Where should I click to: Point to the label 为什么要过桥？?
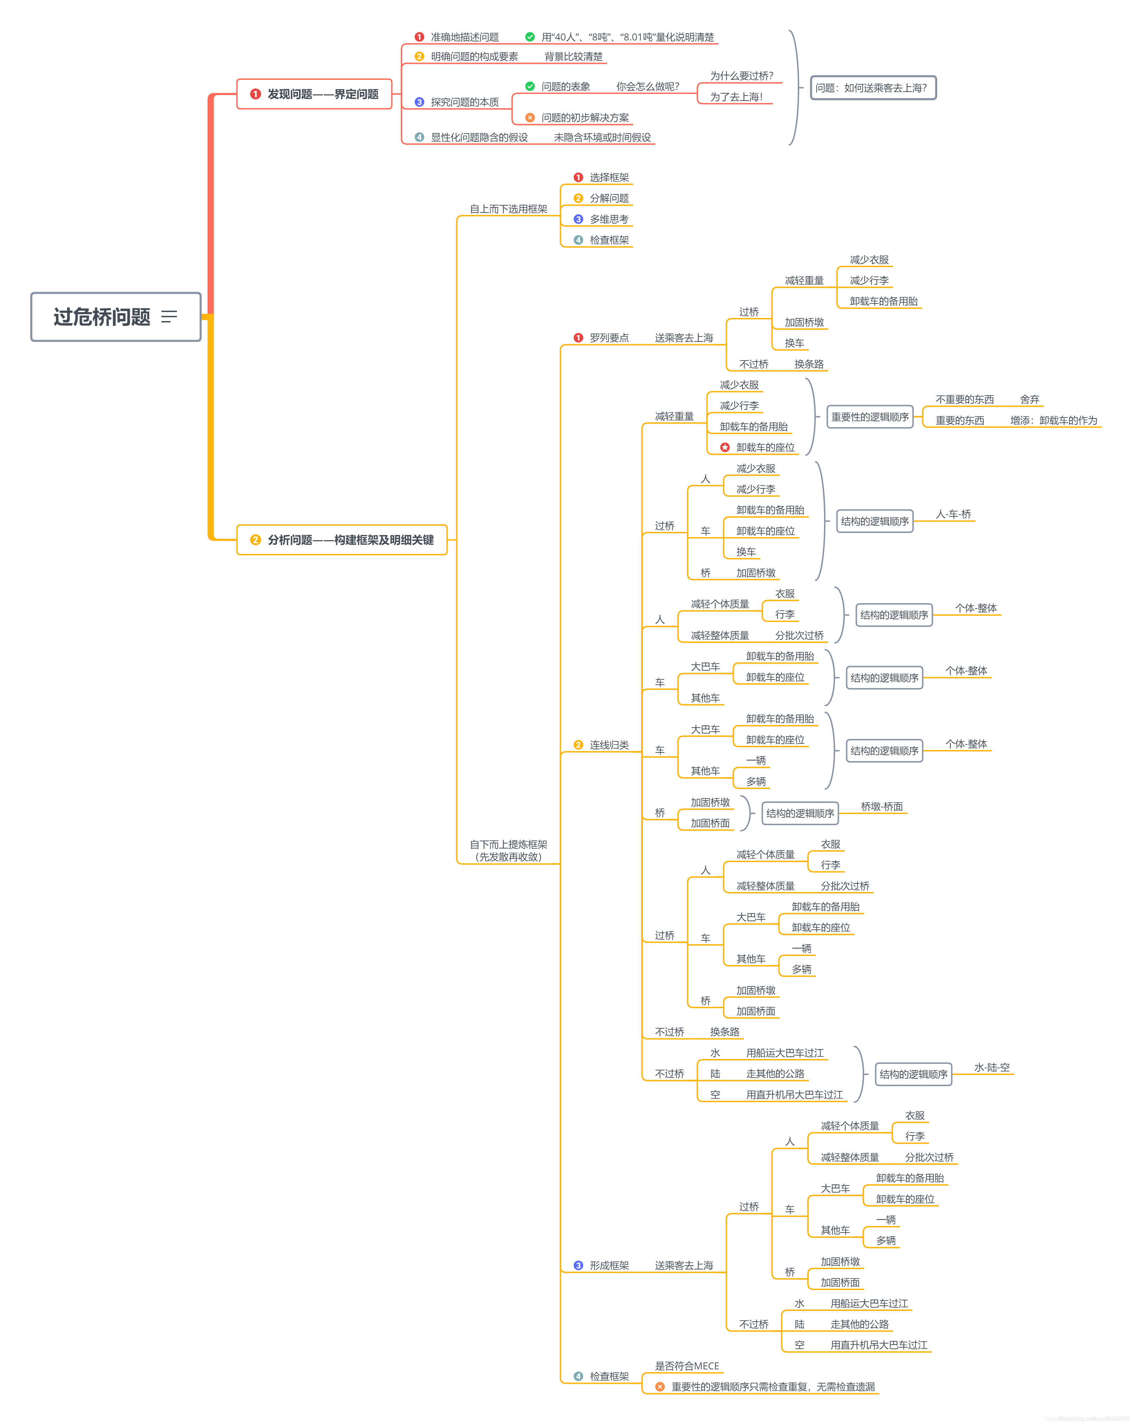741,76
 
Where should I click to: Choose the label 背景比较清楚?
573,57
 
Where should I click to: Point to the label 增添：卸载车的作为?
1053,420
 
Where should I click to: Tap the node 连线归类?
608,745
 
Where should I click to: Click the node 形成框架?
608,1265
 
